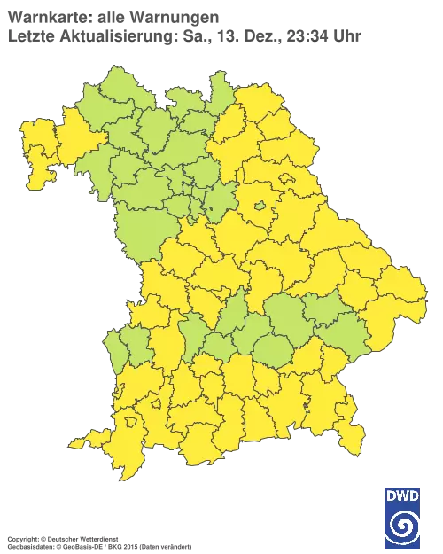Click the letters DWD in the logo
click(x=403, y=494)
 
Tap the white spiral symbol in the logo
click(x=403, y=522)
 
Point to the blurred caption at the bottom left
click(x=97, y=538)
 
